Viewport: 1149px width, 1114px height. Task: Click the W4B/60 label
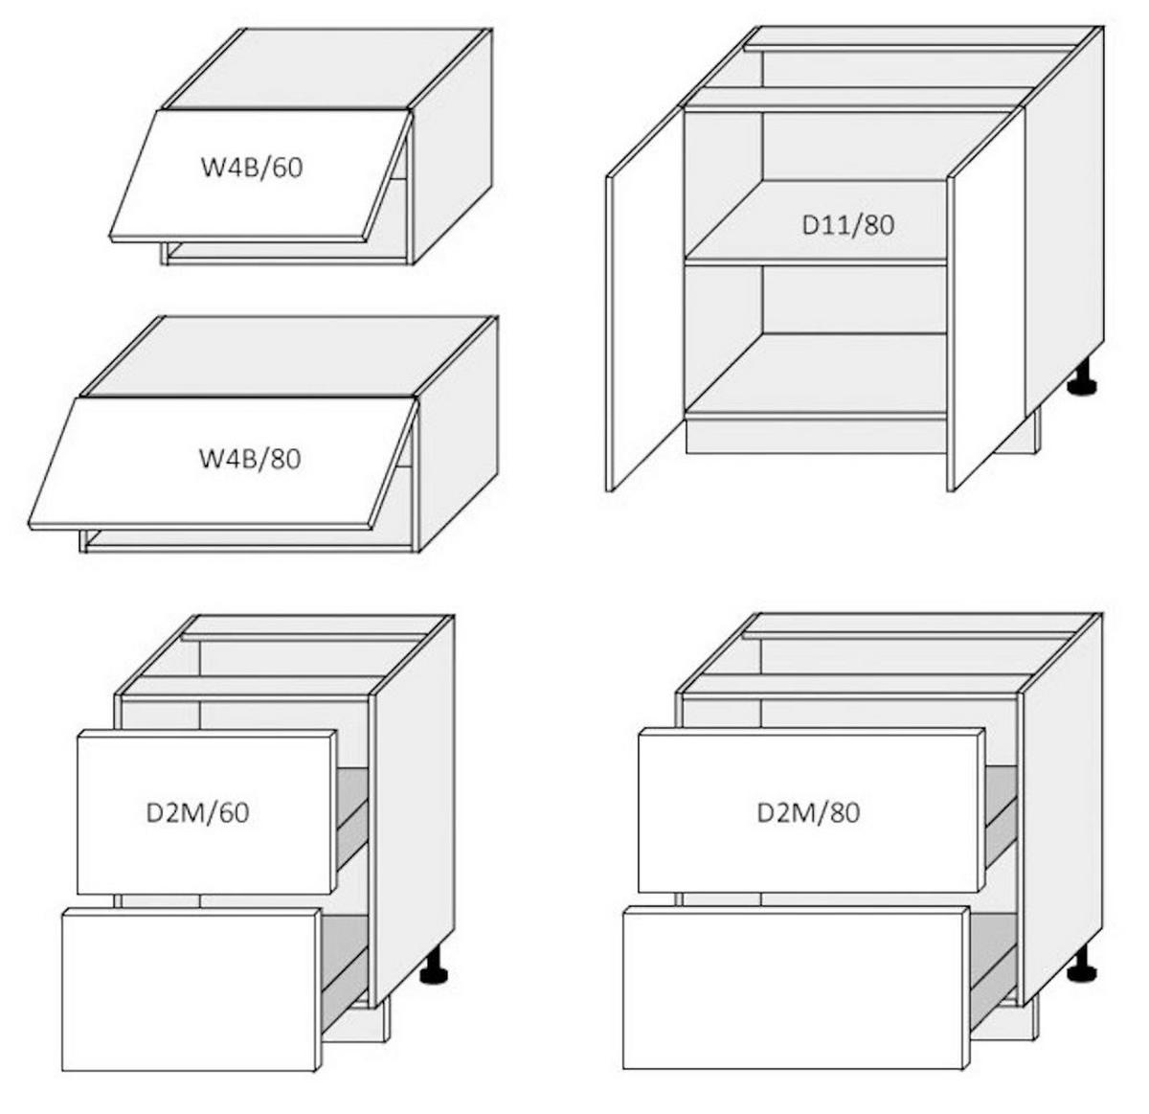[252, 168]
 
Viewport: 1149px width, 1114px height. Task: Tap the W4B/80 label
[250, 459]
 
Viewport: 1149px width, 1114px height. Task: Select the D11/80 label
[848, 225]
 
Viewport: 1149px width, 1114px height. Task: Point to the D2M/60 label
[197, 813]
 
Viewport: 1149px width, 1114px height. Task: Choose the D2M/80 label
[808, 813]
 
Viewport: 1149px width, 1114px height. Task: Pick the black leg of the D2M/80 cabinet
[1082, 966]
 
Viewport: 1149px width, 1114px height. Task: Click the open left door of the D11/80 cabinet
[644, 301]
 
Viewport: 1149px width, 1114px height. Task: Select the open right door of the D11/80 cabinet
[986, 301]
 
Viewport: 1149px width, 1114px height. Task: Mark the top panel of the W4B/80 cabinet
[287, 356]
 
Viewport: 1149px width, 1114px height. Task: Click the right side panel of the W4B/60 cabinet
[452, 148]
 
